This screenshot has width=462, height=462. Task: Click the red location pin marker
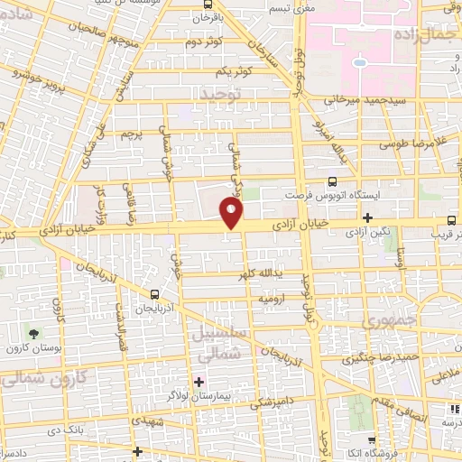(x=232, y=213)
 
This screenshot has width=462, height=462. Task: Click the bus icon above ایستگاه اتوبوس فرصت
(x=333, y=181)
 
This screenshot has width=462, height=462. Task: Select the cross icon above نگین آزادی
(x=367, y=217)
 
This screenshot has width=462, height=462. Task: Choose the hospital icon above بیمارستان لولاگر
(x=199, y=381)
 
